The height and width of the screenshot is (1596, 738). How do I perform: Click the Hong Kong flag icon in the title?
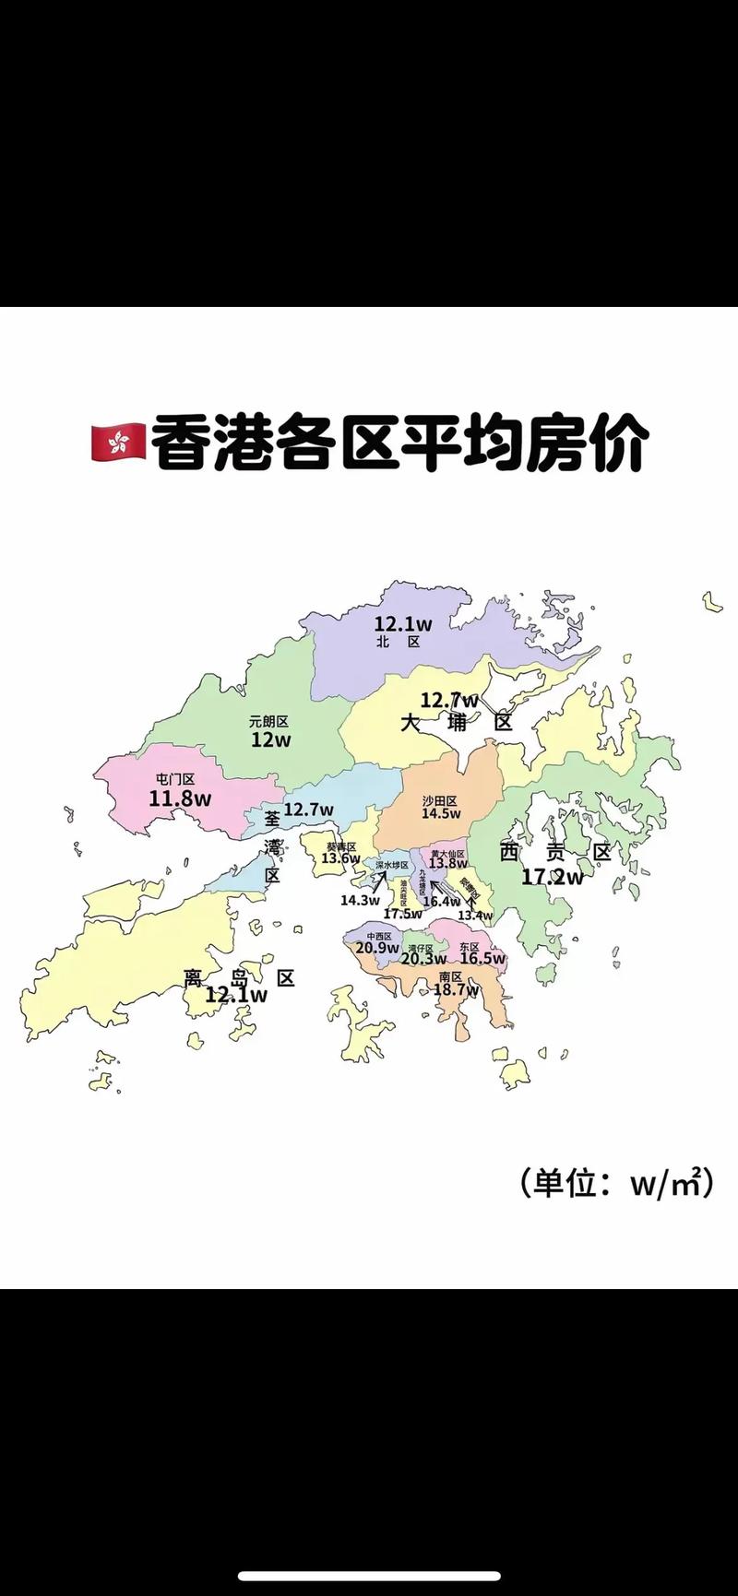[117, 443]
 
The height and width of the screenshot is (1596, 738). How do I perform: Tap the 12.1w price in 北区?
[402, 624]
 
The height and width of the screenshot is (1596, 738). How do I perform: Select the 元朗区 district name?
[268, 722]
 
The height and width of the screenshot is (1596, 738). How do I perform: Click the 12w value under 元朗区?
[270, 739]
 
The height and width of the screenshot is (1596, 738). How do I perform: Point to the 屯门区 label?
[175, 779]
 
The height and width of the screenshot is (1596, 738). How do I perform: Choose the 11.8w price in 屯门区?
[180, 798]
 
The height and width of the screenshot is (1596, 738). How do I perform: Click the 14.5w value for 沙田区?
[441, 813]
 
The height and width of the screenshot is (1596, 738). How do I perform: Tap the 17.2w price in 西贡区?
[552, 876]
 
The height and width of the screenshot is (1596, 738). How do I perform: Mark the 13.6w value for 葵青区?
[340, 858]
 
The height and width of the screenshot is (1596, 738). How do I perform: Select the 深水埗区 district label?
[391, 865]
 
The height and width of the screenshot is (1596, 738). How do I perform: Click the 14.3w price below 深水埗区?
[360, 900]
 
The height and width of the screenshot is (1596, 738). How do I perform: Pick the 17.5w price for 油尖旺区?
[402, 914]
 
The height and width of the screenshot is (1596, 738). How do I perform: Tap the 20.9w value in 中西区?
[377, 948]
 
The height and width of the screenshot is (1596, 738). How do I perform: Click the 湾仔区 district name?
[420, 948]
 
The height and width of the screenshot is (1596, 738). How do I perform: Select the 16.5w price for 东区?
[482, 959]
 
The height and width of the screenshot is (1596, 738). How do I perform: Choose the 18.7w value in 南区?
[456, 989]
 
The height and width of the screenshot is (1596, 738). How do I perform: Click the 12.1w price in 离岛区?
[236, 995]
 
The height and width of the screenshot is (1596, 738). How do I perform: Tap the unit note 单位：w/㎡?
[616, 1184]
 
